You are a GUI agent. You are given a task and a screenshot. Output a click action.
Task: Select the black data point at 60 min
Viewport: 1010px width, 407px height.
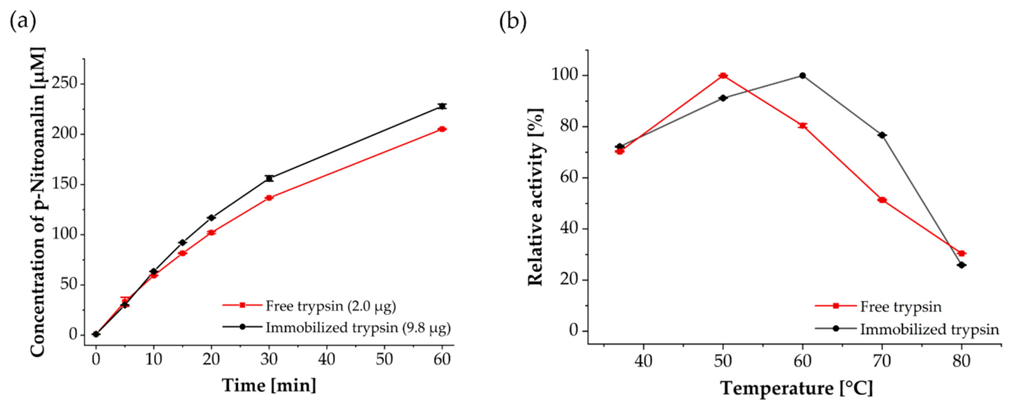pos(442,106)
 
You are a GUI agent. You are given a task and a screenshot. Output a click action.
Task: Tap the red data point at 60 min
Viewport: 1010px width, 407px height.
pos(442,129)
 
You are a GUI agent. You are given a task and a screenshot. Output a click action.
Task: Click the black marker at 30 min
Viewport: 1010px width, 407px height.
pos(269,178)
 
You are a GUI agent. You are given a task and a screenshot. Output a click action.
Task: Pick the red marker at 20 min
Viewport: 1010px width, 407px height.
pos(211,233)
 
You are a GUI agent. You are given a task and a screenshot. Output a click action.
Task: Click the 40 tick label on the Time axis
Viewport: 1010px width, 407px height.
pos(327,359)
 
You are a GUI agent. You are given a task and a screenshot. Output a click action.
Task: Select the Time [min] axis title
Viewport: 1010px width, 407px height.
pos(269,385)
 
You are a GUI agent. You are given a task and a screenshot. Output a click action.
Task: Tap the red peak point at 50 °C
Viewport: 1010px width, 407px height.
pos(723,76)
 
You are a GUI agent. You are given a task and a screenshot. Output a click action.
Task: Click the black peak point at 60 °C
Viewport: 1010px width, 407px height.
pos(803,76)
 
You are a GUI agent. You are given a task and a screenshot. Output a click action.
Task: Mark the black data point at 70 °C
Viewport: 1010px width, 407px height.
pos(882,135)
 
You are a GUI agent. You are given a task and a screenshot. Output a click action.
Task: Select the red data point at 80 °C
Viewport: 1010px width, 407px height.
pos(961,253)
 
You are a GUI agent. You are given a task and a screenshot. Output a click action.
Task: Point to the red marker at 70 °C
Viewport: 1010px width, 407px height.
pos(882,200)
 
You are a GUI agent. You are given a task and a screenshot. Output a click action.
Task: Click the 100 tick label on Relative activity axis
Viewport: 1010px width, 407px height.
pos(565,75)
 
